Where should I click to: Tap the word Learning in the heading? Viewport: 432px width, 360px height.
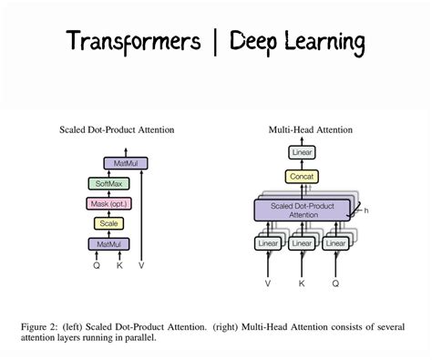(321, 42)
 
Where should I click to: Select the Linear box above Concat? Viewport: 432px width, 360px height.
(301, 152)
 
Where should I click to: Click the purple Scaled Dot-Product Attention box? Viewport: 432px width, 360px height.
(301, 210)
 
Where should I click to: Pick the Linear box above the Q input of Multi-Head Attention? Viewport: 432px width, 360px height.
(335, 244)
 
